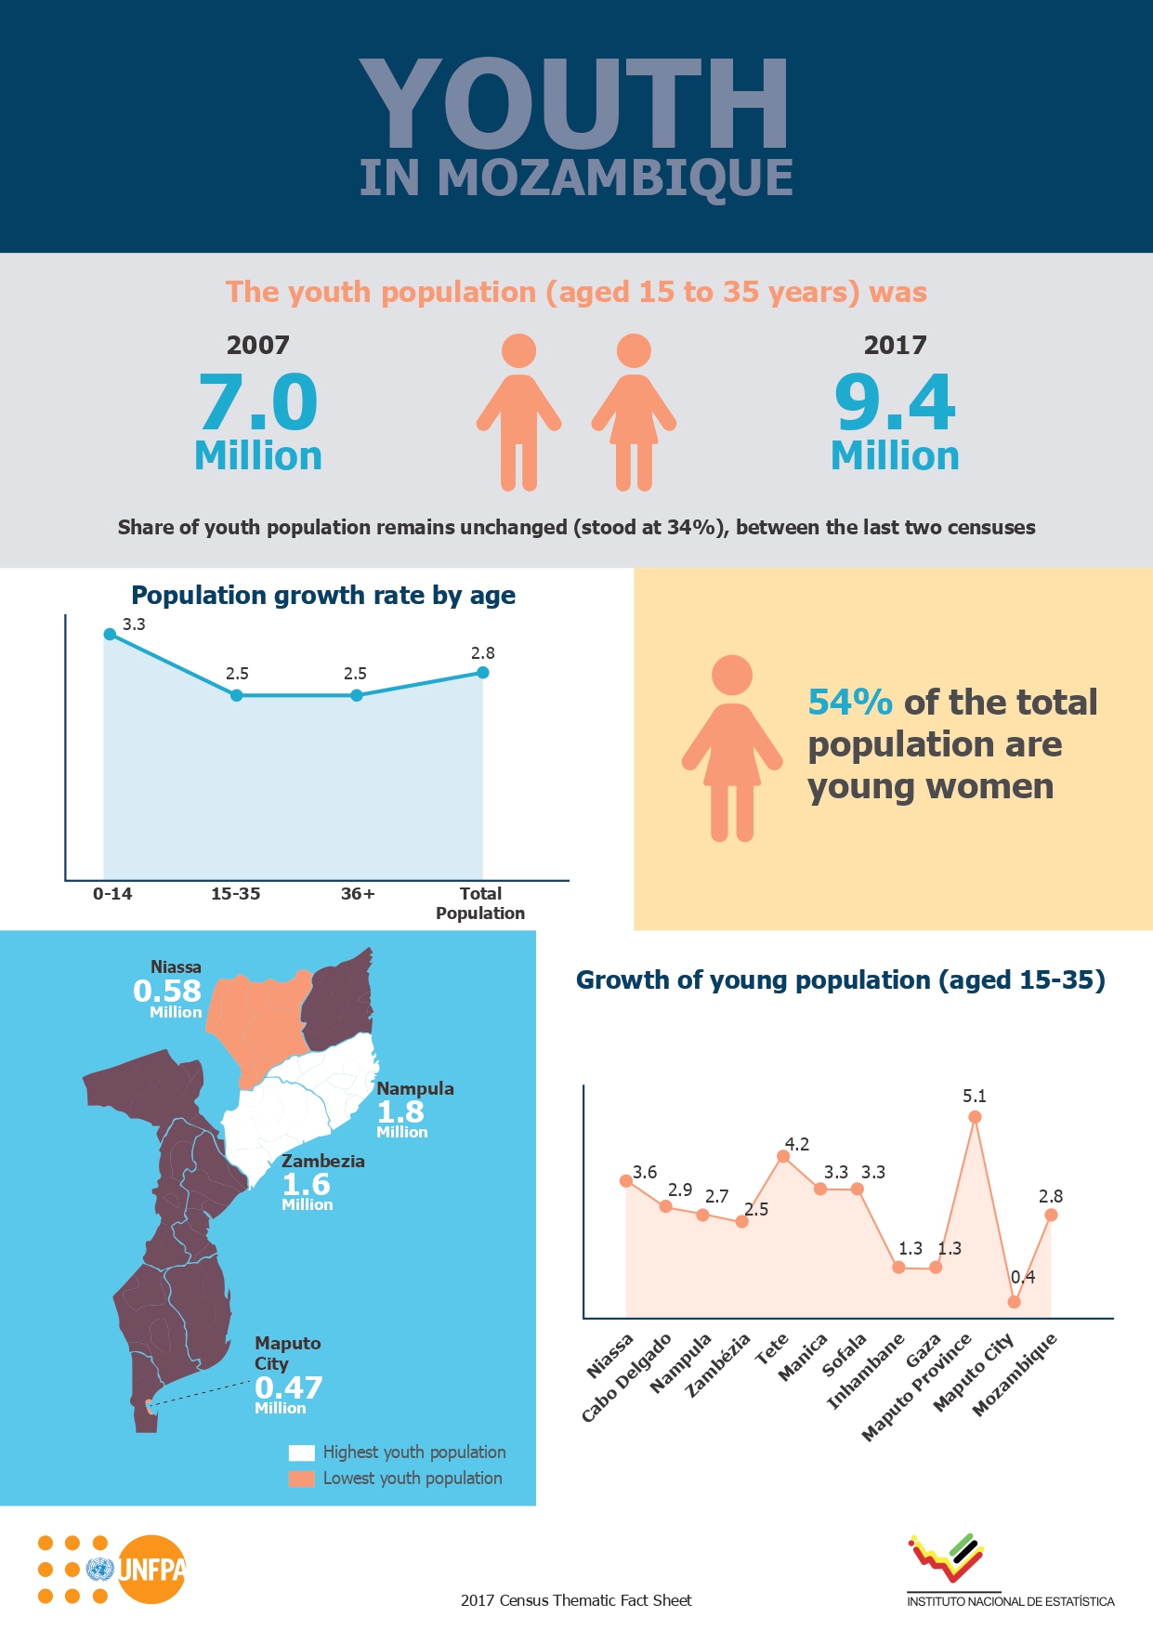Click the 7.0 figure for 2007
coord(258,402)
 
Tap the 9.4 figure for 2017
coord(895,402)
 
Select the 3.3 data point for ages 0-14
coord(110,634)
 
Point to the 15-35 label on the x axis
coord(235,894)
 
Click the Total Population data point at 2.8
coord(482,672)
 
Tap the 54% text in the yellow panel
coord(849,703)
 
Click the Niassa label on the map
coord(176,967)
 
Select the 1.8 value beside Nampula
coord(400,1111)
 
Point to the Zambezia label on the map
coord(323,1162)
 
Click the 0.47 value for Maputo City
coord(289,1387)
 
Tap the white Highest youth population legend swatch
coord(302,1453)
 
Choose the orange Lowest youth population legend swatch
coord(302,1479)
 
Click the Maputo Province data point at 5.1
coord(975,1117)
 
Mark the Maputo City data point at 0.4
coord(1014,1302)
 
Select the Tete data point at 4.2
coord(783,1156)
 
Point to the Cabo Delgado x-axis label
coord(627,1377)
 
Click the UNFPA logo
coord(149,1570)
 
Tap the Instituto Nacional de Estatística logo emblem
coord(946,1557)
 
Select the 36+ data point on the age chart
coord(357,695)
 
